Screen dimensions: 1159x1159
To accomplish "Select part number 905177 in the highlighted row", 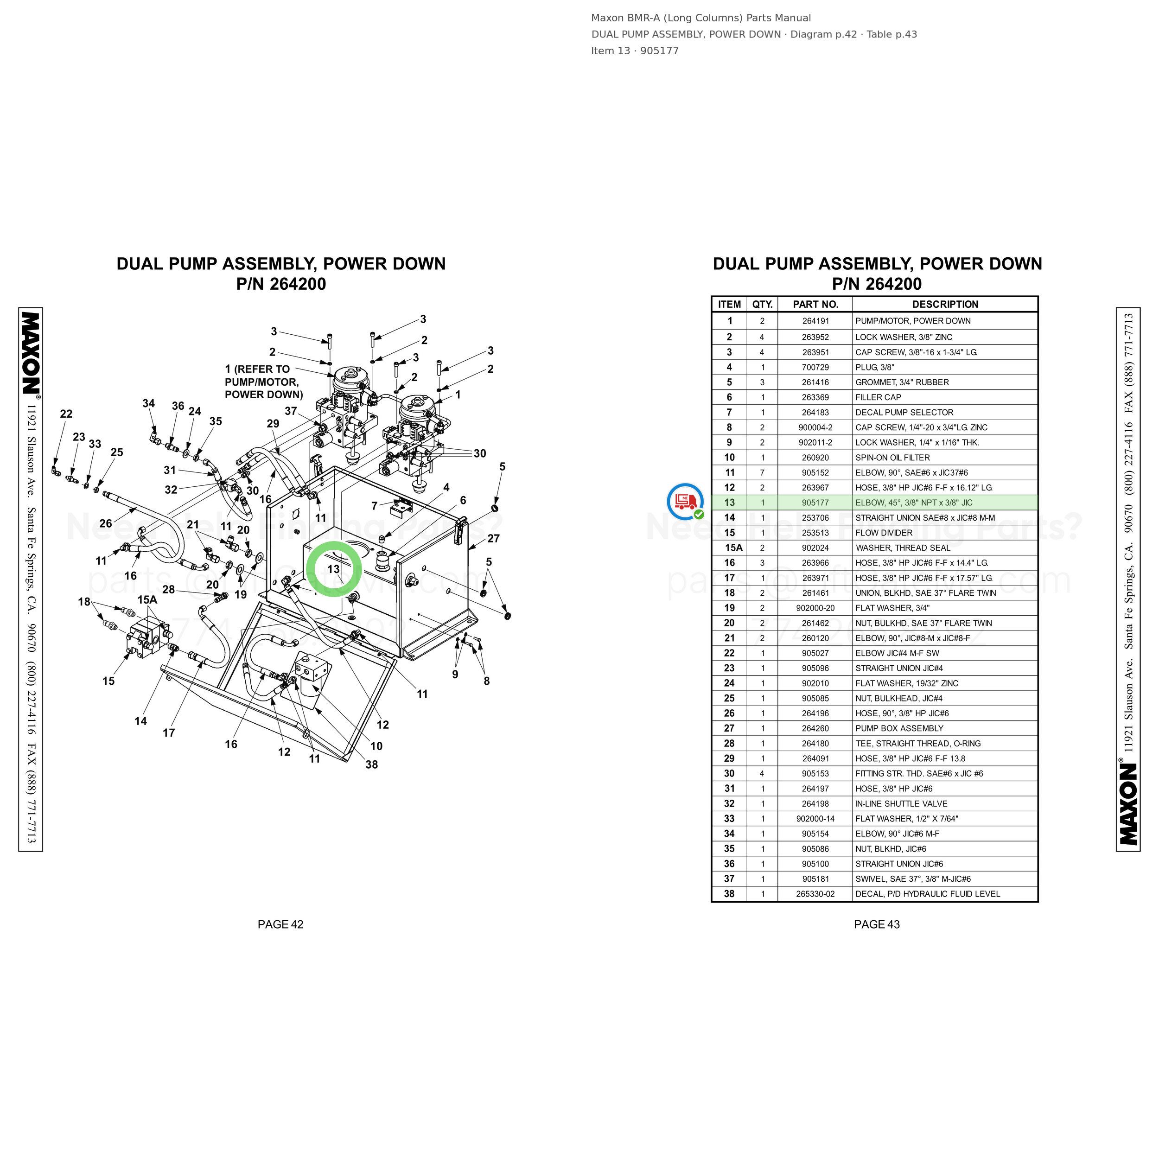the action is [x=815, y=503].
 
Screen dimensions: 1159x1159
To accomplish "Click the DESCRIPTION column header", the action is [x=945, y=305].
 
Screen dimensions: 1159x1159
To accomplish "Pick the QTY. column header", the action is [x=763, y=305].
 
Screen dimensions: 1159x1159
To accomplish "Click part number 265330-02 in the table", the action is [x=815, y=894].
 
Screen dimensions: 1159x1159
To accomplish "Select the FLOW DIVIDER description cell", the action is [x=884, y=533].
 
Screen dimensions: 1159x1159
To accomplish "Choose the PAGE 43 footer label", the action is [x=877, y=924].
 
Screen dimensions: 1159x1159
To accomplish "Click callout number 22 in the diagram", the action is [x=66, y=414].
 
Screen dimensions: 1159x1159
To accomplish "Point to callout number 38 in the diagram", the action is [x=372, y=764].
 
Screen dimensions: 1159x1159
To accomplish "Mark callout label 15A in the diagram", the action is [x=147, y=600].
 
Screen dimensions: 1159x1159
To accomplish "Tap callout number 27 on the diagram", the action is [x=494, y=539].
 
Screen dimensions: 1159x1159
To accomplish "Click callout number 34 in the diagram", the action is [x=149, y=404].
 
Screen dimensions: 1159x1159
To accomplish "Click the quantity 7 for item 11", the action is [x=763, y=473].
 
